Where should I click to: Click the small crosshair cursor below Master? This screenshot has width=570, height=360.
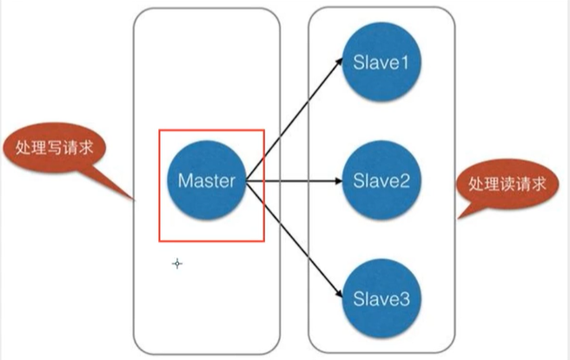[177, 263]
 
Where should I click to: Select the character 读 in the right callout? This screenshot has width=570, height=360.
[506, 184]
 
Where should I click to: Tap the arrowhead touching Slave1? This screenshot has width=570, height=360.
[338, 63]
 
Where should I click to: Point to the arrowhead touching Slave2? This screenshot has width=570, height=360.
[337, 182]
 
